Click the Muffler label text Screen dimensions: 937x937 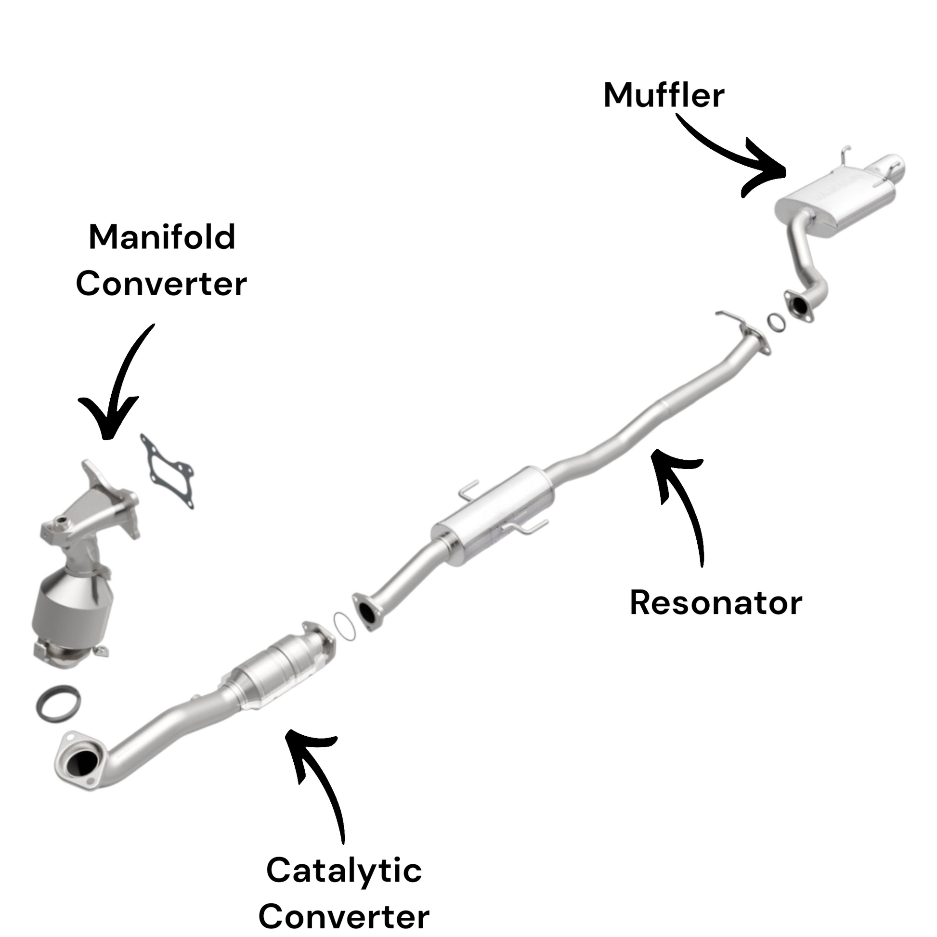[664, 95]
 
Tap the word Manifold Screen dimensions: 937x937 [162, 238]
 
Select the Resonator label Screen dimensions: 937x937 [716, 603]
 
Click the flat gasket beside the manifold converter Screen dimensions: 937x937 [168, 470]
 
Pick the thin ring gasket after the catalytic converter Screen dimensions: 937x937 [344, 626]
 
